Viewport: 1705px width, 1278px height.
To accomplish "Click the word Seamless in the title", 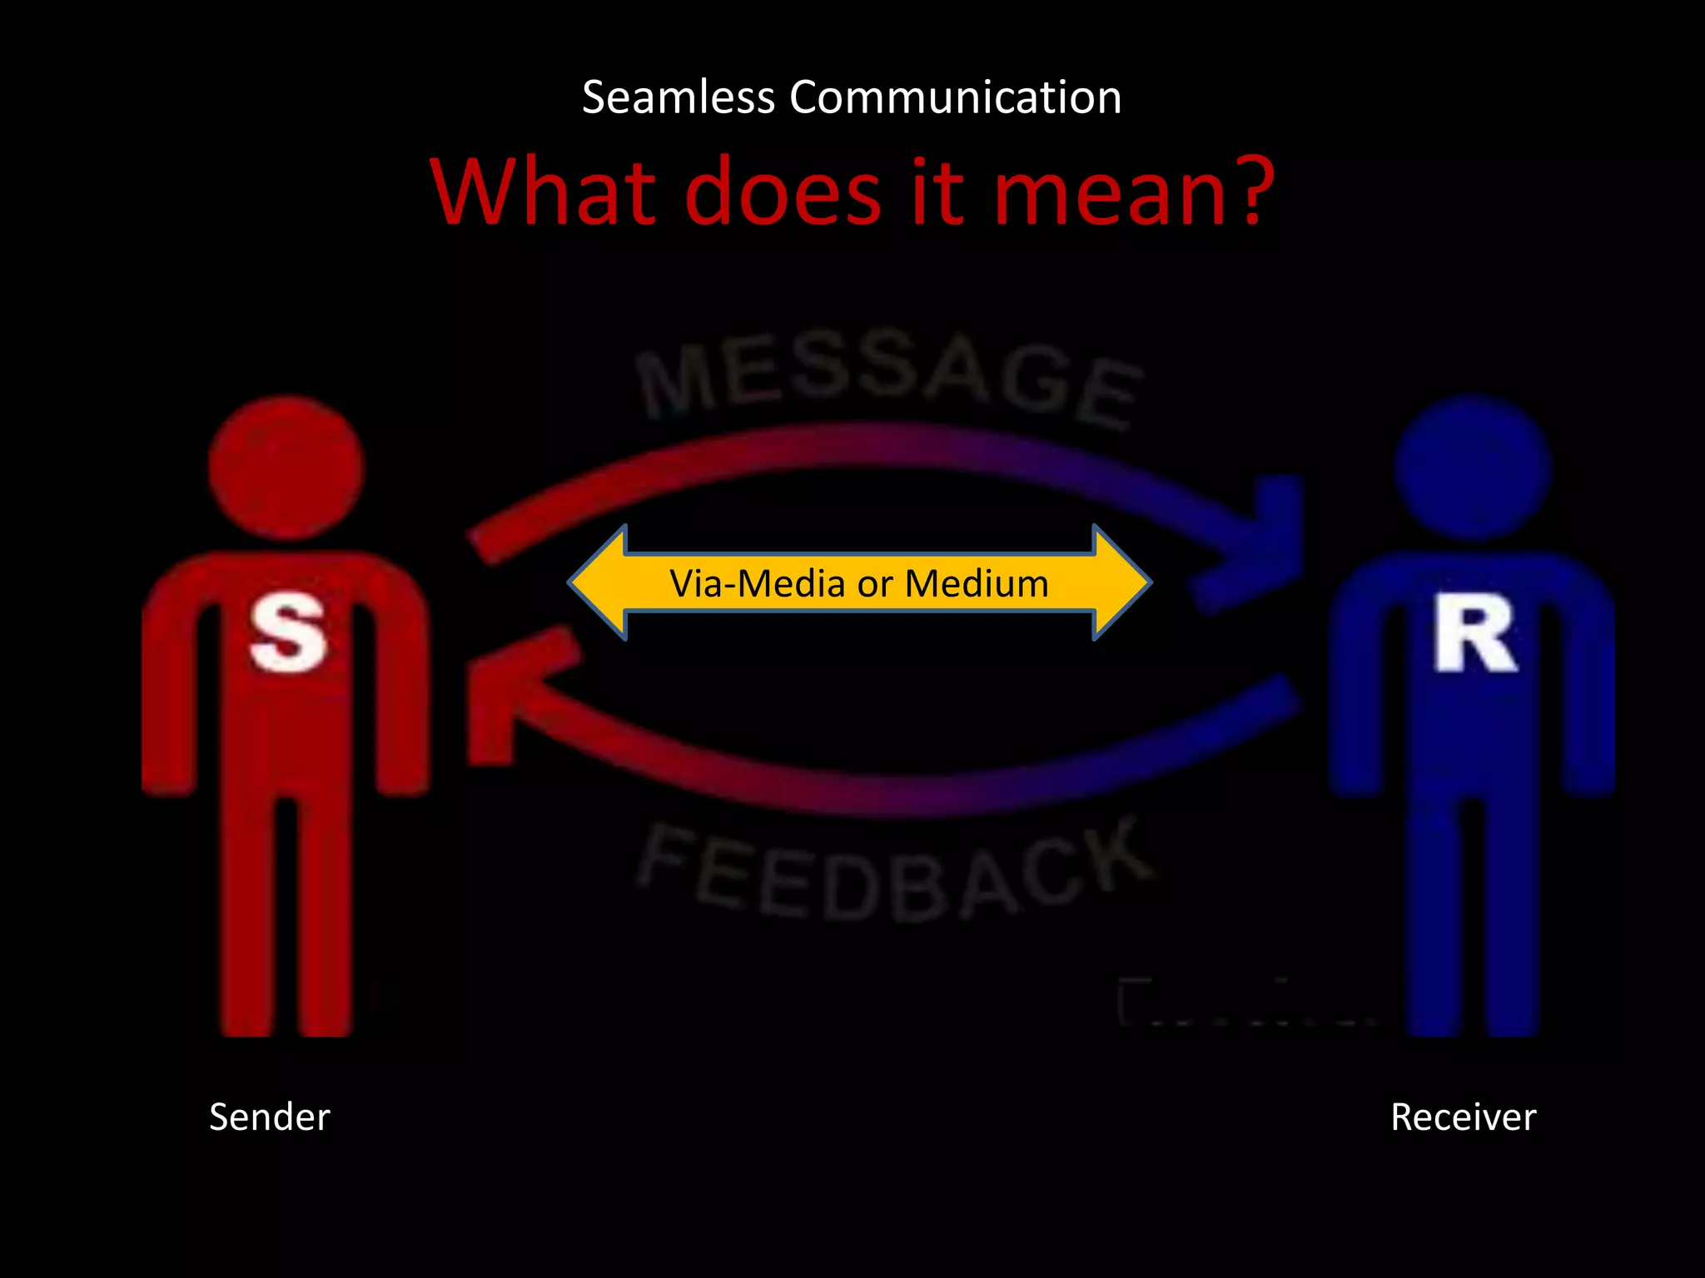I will tap(679, 97).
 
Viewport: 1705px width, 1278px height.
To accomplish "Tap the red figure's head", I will tap(286, 468).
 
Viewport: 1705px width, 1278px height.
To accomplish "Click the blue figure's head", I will tap(1473, 468).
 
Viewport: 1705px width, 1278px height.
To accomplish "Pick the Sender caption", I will tap(270, 1117).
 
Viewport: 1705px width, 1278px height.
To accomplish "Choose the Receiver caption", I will tap(1463, 1117).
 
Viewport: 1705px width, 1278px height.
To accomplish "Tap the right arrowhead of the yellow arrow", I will tap(1120, 582).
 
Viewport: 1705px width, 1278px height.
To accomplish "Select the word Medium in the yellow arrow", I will tap(977, 583).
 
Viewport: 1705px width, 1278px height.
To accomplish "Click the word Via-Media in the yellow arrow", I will tap(758, 583).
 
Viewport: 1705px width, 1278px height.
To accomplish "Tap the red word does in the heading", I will tap(783, 193).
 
